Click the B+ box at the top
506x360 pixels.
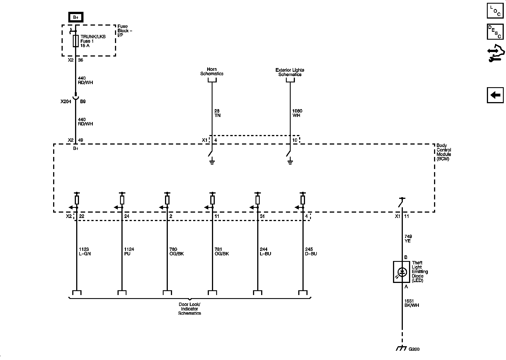(76, 17)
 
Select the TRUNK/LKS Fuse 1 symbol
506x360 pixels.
(75, 41)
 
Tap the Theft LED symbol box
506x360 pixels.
(401, 272)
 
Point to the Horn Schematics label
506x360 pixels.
(212, 71)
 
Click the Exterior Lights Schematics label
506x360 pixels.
(290, 72)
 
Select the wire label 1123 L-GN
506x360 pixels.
(85, 251)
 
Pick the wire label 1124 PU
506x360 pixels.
(129, 251)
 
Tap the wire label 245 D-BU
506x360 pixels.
(311, 251)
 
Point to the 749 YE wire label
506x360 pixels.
(408, 239)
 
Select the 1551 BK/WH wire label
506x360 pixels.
(412, 303)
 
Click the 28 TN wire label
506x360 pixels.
(217, 113)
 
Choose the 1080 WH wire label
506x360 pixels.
(297, 113)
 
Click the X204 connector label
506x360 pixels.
(66, 102)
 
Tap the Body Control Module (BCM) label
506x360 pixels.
(444, 152)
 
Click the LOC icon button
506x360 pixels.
(495, 11)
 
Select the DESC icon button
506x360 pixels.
(495, 31)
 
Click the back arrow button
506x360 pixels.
(495, 95)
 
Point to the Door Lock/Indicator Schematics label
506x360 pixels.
(189, 309)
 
